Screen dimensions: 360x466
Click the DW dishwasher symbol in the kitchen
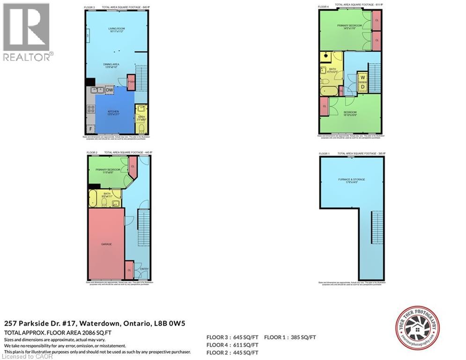coord(109,90)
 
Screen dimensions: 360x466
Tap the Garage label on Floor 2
coord(106,244)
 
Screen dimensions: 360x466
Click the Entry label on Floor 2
coord(144,269)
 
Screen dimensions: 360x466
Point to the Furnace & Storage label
coord(351,180)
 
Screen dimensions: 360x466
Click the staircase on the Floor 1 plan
coord(377,227)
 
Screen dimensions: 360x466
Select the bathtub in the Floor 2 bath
coord(95,199)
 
